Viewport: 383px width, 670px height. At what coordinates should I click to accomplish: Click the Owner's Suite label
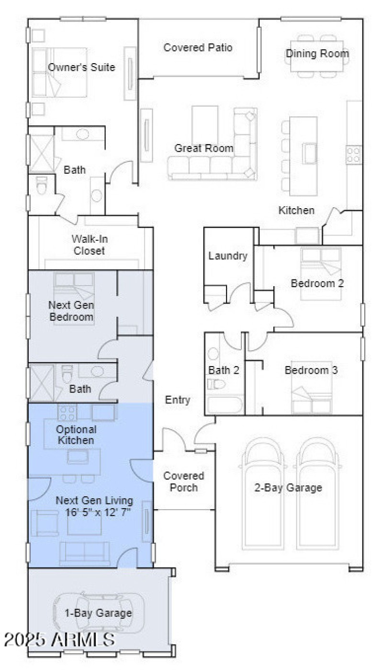(81, 67)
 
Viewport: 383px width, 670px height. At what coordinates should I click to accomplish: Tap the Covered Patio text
(198, 48)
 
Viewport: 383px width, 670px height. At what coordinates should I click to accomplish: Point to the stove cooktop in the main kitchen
(354, 154)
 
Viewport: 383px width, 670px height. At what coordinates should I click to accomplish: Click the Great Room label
(203, 148)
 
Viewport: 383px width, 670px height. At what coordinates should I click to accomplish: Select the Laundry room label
(228, 256)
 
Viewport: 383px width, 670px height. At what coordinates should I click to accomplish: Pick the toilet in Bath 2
(216, 384)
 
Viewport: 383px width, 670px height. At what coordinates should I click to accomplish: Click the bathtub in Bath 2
(225, 404)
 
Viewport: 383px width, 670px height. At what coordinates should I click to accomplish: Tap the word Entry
(178, 400)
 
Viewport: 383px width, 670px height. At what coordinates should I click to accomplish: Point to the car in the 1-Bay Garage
(98, 613)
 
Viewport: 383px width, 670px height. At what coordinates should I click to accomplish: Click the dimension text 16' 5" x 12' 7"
(99, 512)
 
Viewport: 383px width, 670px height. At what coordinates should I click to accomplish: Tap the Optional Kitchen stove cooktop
(67, 412)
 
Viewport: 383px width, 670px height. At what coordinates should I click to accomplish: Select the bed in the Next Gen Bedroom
(74, 298)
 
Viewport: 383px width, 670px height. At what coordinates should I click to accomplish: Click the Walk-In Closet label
(89, 245)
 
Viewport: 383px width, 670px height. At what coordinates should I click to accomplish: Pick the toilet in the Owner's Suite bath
(42, 186)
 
